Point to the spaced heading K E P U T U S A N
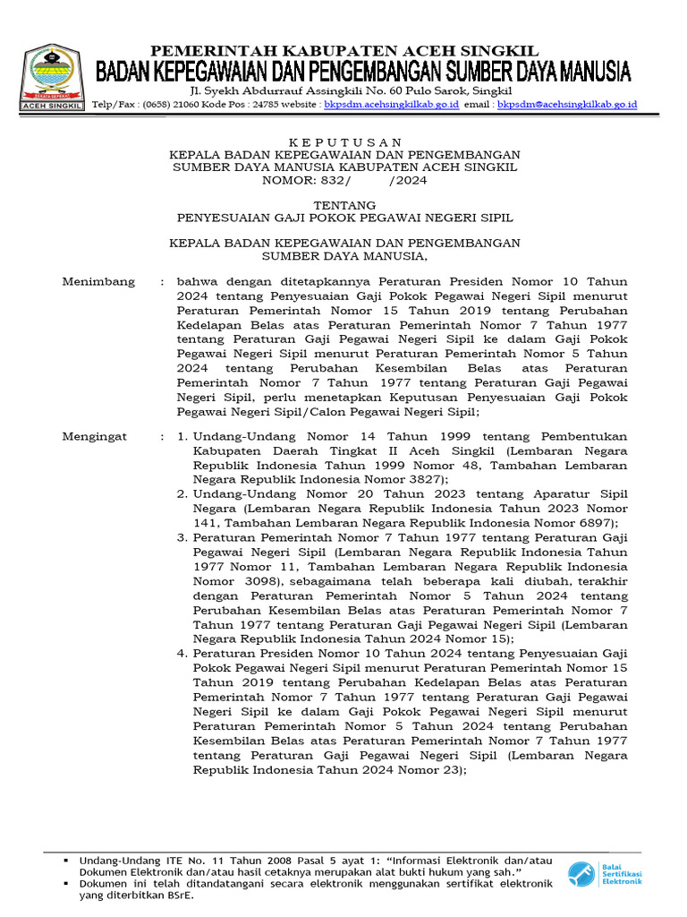point(344,142)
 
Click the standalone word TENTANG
point(344,205)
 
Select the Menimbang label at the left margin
point(98,281)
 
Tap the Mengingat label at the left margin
point(95,436)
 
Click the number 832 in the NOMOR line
point(322,180)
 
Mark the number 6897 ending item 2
point(595,523)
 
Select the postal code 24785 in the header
point(267,105)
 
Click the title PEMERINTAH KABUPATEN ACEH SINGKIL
point(344,50)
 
